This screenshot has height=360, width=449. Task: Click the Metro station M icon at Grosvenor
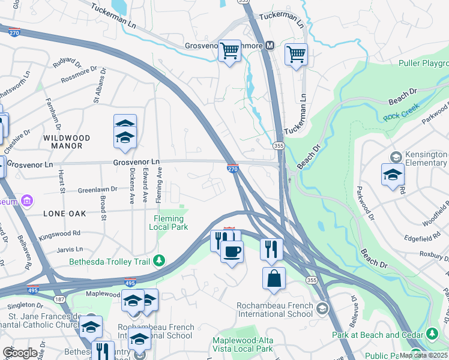(x=270, y=46)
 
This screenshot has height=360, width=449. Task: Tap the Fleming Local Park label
(x=171, y=223)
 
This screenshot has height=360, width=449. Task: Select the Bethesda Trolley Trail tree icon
(x=159, y=260)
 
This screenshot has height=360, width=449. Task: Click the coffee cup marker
(x=232, y=251)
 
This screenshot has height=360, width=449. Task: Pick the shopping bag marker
(x=274, y=278)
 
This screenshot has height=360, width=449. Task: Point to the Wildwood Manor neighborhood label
(x=67, y=142)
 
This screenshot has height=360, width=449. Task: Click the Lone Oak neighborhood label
(x=64, y=213)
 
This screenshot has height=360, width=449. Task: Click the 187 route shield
(x=61, y=298)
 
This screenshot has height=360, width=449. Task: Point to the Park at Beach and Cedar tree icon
(x=433, y=334)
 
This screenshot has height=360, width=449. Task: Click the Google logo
(x=19, y=353)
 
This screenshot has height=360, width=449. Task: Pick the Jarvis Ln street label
(x=71, y=248)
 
